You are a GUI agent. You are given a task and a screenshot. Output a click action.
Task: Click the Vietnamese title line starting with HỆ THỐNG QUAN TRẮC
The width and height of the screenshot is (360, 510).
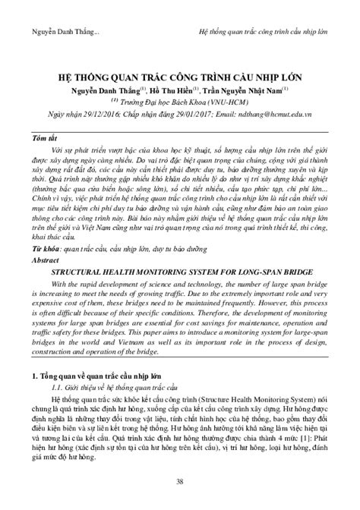(x=179, y=77)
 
